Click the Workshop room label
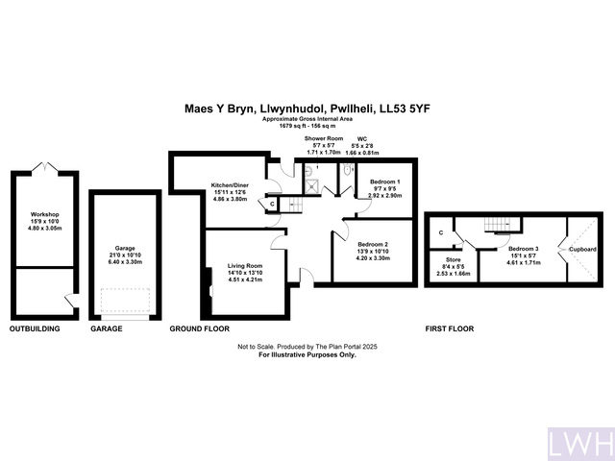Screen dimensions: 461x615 coord(44,213)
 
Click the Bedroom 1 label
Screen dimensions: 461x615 coord(385,182)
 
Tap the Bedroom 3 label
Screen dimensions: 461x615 coord(510,249)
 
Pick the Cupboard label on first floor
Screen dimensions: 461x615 coord(581,249)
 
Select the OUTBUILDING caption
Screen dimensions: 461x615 coord(35,328)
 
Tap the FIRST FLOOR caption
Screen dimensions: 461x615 coord(450,328)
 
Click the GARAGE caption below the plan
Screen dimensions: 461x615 coord(109,328)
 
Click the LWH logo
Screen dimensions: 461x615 coord(580,444)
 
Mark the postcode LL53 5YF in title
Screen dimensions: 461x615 coord(408,109)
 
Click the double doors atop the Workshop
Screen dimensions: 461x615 coord(45,167)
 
